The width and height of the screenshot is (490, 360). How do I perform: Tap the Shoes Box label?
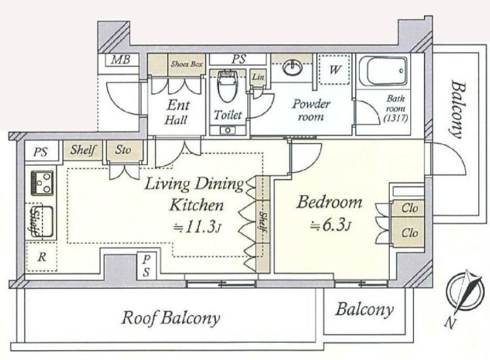[x=186, y=64]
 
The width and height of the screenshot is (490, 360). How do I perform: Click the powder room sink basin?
[x=293, y=68]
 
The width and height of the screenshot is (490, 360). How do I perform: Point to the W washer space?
[x=334, y=69]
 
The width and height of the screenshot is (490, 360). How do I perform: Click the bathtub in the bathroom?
[x=383, y=71]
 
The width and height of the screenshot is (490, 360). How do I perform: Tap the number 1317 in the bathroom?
[x=396, y=118]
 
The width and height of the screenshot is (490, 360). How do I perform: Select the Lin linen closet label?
[x=258, y=77]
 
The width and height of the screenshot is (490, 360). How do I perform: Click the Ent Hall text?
[x=177, y=112]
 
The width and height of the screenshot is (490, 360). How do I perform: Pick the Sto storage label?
[x=123, y=149]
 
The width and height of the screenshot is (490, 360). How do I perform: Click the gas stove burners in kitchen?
[x=42, y=183]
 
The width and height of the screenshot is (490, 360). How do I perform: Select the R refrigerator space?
[x=42, y=257]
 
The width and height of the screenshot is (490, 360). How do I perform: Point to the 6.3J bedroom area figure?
[x=331, y=225]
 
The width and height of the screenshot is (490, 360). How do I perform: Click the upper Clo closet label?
[x=410, y=208]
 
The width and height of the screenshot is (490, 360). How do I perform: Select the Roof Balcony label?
[x=170, y=318]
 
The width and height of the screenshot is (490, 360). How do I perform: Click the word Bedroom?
[x=330, y=202]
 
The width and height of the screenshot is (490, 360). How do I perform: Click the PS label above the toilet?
[x=239, y=59]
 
